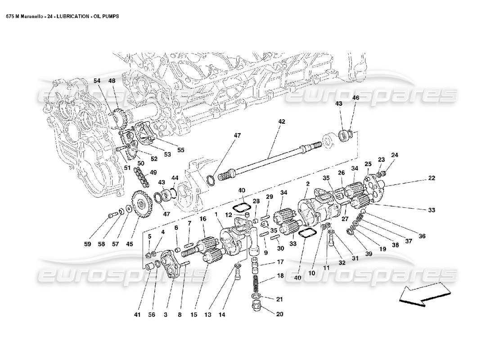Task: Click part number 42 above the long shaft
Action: point(282,121)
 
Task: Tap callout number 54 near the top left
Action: point(98,81)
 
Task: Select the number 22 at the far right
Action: point(432,178)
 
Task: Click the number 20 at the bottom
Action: point(279,315)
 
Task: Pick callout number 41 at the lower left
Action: point(138,315)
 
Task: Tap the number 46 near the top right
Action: point(355,98)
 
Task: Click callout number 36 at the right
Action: point(422,235)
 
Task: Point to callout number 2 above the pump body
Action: point(308,184)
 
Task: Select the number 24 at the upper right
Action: point(395,155)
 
